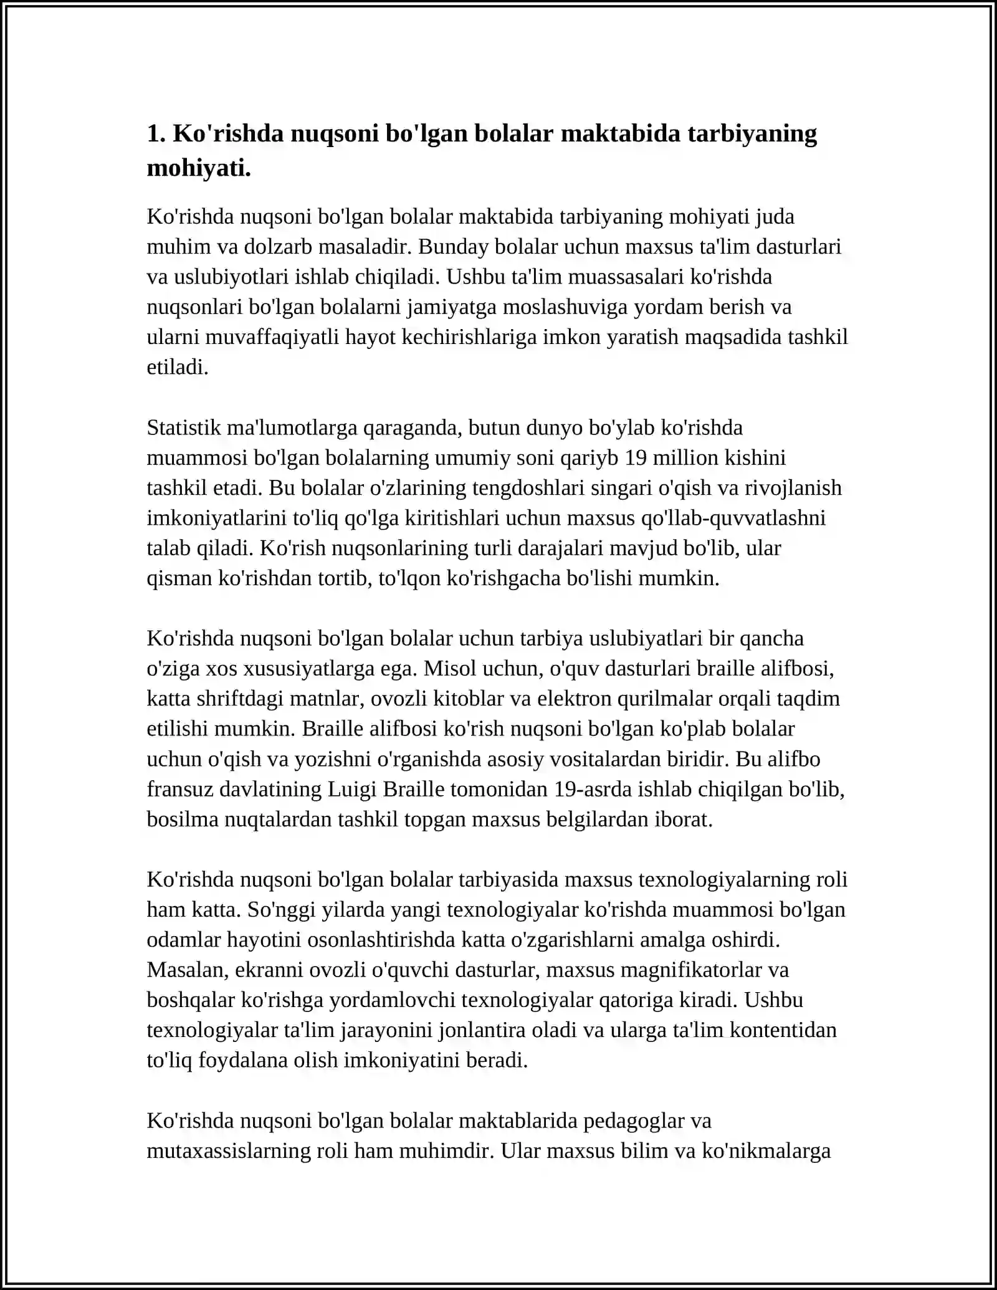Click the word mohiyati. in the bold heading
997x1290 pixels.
pos(199,168)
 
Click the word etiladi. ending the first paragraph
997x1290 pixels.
pos(178,368)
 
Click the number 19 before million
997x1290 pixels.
pos(636,458)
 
